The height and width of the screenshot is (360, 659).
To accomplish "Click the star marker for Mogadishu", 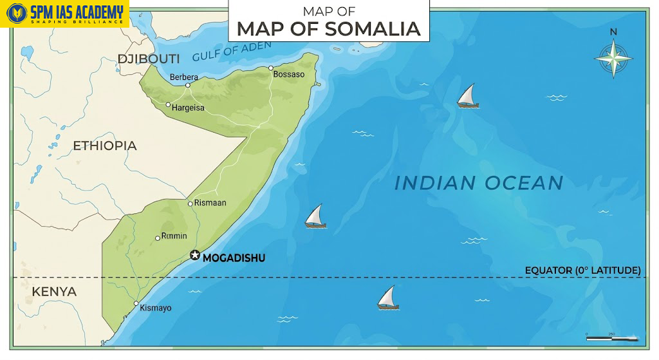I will pos(195,256).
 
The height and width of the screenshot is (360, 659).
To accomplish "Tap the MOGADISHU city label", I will pos(234,258).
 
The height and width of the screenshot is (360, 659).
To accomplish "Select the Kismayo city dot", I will pos(136,303).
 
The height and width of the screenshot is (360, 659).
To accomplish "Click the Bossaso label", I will pos(289,75).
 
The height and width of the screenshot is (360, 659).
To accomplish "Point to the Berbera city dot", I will pos(188,85).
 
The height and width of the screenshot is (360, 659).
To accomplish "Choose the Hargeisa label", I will pos(188,108).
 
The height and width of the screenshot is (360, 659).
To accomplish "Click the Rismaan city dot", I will pos(190,204).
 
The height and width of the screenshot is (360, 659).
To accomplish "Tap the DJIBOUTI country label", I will pos(148,59).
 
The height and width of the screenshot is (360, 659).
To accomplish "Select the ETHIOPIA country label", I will pos(105,146).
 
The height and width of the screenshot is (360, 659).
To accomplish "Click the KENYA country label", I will pos(54,292).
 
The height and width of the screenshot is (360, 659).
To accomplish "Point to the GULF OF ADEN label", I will pos(232,50).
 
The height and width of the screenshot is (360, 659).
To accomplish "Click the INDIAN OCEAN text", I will pos(479,183).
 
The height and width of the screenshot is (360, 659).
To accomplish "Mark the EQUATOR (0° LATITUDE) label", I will pos(582,270).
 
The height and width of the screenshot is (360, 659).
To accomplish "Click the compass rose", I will pos(613,59).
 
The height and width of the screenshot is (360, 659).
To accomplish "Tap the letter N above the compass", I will pos(613,32).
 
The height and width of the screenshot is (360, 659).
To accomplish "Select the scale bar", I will pos(611,337).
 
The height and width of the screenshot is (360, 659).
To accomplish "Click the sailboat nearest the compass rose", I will pos(468,96).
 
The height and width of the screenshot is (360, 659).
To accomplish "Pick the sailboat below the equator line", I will pos(387,298).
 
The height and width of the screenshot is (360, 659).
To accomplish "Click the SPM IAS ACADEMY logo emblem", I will pos(16,14).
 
